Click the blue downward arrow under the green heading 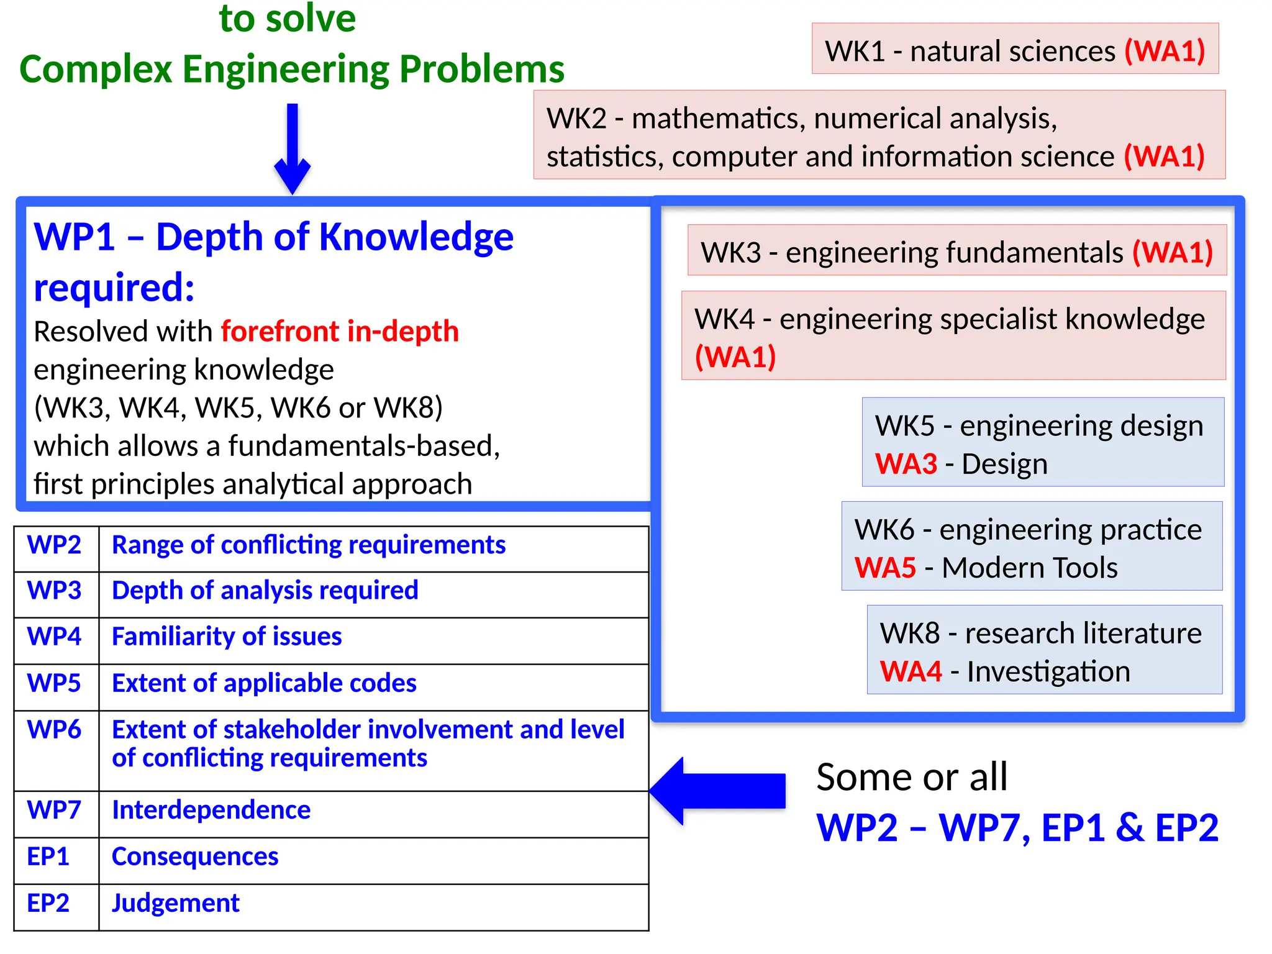tap(292, 149)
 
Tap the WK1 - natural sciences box tap(1015, 50)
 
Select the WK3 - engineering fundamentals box tap(956, 252)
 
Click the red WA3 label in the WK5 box tap(906, 464)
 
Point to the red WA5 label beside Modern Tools tap(885, 568)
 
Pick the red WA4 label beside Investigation tap(911, 671)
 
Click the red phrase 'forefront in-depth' tap(340, 331)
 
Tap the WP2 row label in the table tap(54, 545)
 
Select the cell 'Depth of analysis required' tap(265, 590)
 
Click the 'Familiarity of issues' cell tap(227, 637)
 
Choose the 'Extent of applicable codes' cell tap(264, 683)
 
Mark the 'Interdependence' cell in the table tap(211, 810)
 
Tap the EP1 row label tap(48, 856)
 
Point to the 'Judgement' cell tap(176, 903)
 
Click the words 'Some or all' tap(911, 776)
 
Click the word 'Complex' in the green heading tap(96, 68)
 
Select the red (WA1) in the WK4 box tap(735, 357)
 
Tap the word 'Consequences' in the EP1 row tap(195, 856)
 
